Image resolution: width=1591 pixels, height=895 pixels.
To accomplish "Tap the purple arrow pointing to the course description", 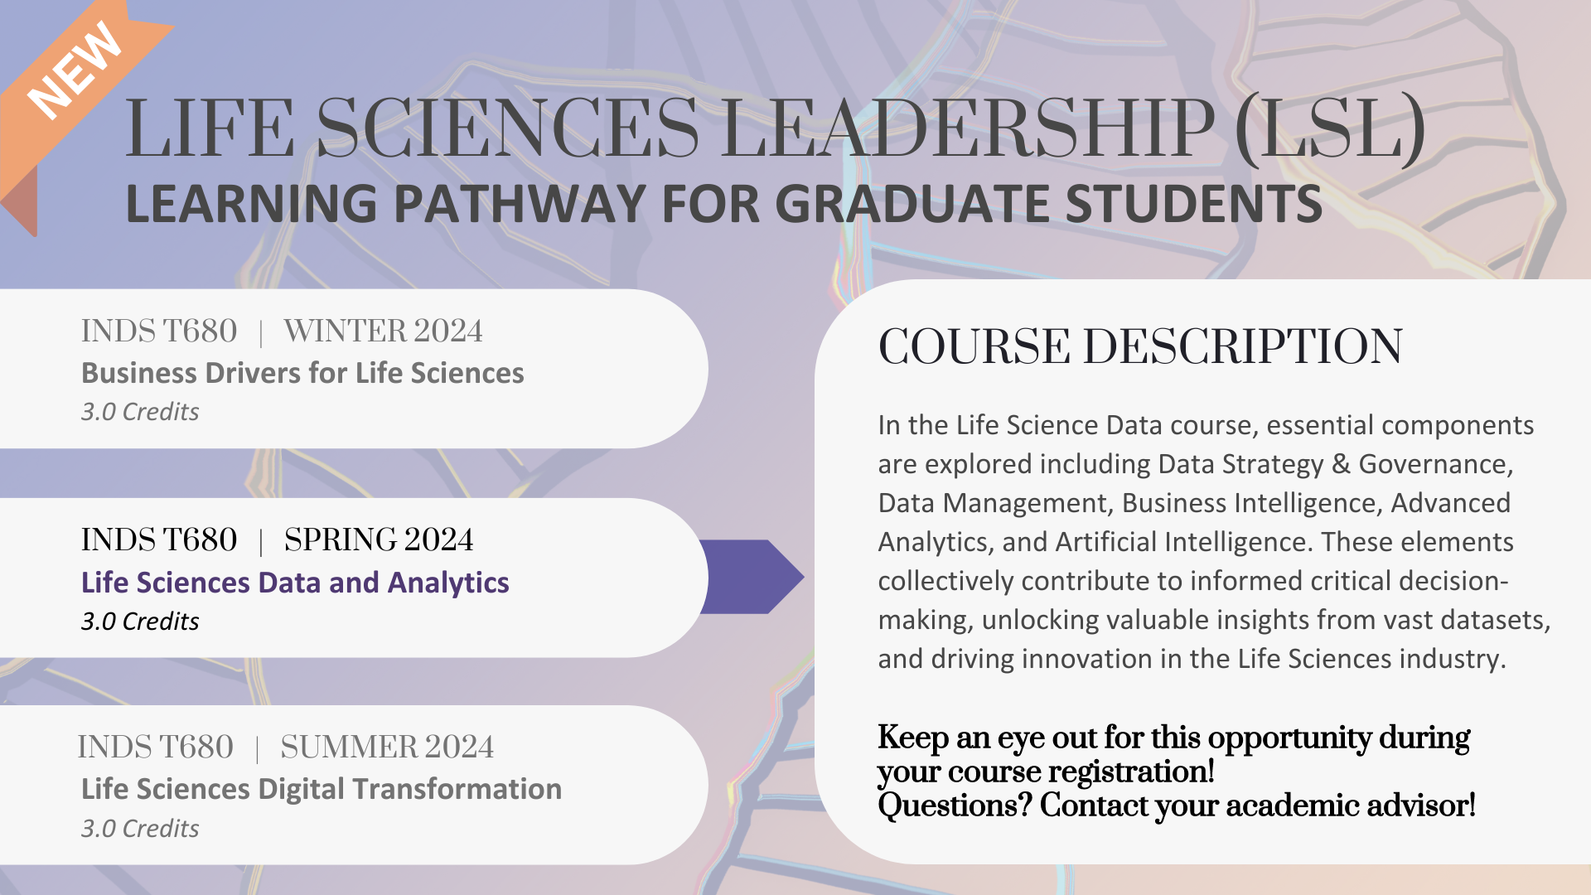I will [x=751, y=577].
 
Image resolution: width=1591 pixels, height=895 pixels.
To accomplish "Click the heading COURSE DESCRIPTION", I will [x=1140, y=346].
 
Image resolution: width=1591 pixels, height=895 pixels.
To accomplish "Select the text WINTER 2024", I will [x=383, y=331].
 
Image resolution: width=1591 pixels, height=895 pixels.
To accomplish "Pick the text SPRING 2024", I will [x=379, y=540].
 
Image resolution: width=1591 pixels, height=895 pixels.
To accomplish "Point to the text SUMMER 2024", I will [x=387, y=747].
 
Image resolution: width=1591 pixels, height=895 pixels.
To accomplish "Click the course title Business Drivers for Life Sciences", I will [x=302, y=374].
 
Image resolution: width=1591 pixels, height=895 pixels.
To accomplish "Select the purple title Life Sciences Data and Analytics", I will [x=295, y=583].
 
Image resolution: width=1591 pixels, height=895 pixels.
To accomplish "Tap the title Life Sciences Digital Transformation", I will [x=322, y=790].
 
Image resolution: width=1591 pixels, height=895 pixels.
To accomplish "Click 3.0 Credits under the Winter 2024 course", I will [x=140, y=412].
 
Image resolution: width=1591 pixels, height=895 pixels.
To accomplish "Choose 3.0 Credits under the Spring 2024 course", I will [x=140, y=622].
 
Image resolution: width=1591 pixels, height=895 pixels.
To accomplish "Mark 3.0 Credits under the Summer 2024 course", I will [x=140, y=829].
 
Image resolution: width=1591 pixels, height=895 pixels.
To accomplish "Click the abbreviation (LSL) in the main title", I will [x=1330, y=128].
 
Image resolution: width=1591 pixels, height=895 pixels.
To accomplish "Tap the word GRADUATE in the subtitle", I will [x=912, y=204].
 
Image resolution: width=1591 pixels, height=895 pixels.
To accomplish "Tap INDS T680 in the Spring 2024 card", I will [x=159, y=540].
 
